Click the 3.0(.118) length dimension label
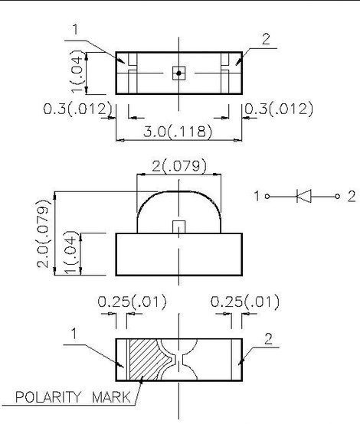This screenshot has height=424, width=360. tap(177, 132)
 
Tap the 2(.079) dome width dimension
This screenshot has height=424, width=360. tap(179, 166)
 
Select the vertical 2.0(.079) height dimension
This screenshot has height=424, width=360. tap(44, 233)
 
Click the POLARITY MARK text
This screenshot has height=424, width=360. tap(73, 397)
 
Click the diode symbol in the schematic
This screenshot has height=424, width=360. tap(304, 196)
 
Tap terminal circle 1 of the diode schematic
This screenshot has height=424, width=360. tap(267, 197)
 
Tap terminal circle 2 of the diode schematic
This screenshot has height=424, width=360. tap(337, 197)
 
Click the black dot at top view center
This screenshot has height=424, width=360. tap(178, 73)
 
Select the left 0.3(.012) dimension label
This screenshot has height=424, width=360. tap(77, 109)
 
